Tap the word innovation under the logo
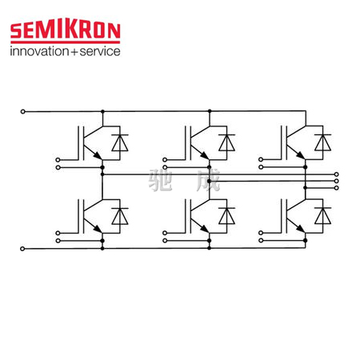pos(39,51)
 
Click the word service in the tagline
pos(100,51)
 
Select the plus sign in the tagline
pos(74,52)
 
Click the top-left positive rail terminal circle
pos(23,111)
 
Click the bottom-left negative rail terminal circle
pos(22,249)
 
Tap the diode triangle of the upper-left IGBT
pos(120,143)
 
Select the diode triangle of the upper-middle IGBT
pos(226,143)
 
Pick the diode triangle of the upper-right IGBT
pos(322,143)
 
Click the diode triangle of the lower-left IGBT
pos(120,217)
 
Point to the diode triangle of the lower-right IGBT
pos(322,216)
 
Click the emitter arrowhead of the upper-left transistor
pos(98,155)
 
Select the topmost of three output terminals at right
pos(337,174)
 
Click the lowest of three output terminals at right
pos(337,188)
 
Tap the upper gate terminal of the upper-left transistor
pos(58,160)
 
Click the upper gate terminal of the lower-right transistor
pos(261,233)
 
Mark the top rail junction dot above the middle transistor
pos(210,111)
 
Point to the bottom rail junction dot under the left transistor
pos(102,248)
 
